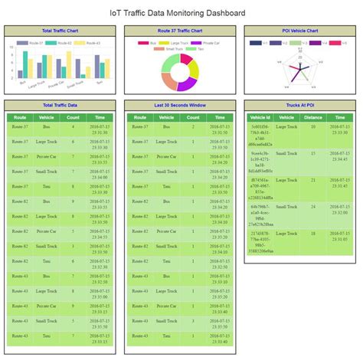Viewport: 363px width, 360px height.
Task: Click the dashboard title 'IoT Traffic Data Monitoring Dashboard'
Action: (x=181, y=13)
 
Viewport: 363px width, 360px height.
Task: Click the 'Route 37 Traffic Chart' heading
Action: (x=180, y=31)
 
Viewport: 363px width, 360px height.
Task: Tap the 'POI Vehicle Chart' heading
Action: (x=299, y=31)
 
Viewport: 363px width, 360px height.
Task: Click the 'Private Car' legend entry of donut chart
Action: (x=211, y=43)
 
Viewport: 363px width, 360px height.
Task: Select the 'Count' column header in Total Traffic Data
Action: (x=73, y=117)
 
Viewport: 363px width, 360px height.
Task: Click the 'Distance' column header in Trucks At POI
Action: (x=312, y=117)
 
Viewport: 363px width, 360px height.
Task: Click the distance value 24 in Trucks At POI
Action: (x=312, y=206)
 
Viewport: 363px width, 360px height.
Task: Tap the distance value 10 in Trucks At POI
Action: (x=312, y=126)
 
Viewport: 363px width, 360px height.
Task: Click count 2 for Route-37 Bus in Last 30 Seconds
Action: (x=194, y=126)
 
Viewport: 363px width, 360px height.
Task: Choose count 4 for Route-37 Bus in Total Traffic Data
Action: (x=73, y=126)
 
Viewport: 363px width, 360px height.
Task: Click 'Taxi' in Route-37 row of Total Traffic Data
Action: (x=47, y=186)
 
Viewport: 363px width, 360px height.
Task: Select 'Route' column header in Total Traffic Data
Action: (x=21, y=117)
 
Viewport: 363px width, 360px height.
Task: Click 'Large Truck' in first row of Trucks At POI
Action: (x=286, y=126)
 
